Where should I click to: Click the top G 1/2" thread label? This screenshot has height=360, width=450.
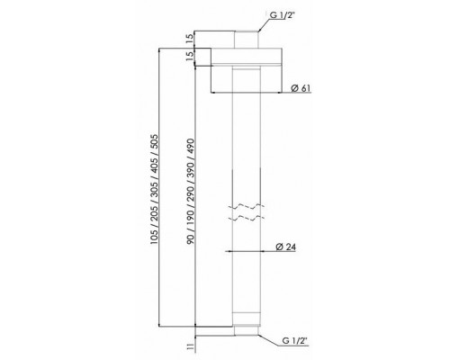[x=281, y=15]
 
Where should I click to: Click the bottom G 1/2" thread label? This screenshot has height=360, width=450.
[x=295, y=341]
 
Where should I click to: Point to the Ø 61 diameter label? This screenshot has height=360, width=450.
[x=301, y=88]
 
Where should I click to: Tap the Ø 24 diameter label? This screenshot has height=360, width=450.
[x=286, y=247]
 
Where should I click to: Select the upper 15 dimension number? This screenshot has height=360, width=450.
[x=189, y=39]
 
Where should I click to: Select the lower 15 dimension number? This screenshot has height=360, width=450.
[x=189, y=56]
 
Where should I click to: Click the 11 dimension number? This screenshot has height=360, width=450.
[x=190, y=347]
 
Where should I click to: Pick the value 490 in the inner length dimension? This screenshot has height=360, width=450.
[x=190, y=146]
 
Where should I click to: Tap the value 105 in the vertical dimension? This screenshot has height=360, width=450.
[x=154, y=237]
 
